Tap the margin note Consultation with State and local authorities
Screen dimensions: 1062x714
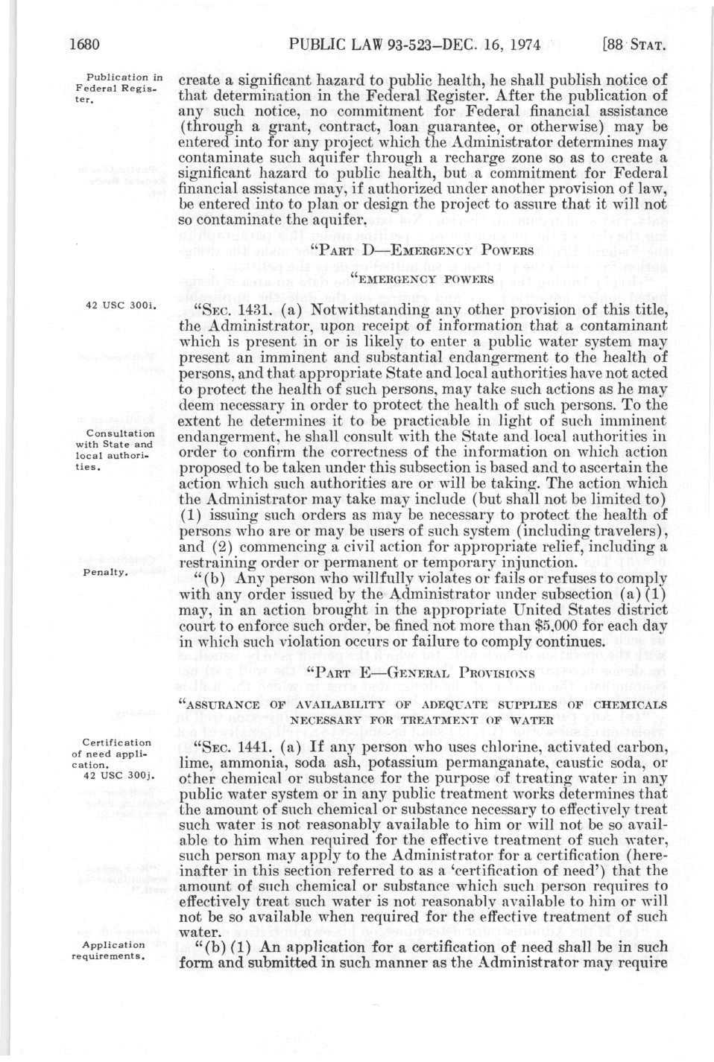click(121, 451)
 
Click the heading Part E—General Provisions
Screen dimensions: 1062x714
click(421, 673)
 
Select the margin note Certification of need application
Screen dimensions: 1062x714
click(120, 753)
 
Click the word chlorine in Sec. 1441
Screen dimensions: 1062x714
click(497, 747)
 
